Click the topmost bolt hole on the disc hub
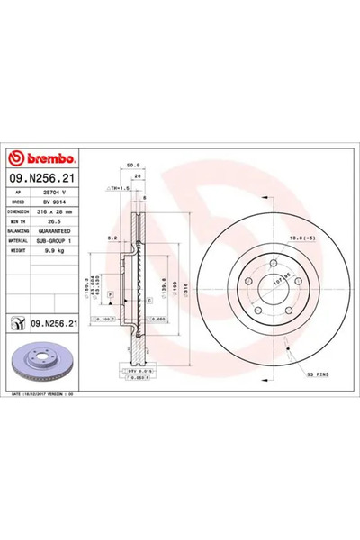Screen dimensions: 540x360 (x=271, y=262)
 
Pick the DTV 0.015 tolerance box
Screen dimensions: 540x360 (x=133, y=370)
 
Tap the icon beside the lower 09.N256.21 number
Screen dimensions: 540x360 (x=15, y=322)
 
